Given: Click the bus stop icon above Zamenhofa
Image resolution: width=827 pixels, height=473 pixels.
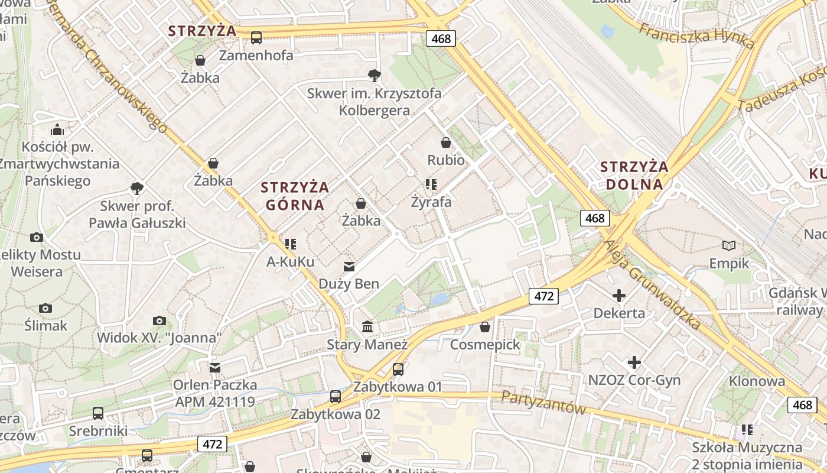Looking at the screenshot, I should (256, 38).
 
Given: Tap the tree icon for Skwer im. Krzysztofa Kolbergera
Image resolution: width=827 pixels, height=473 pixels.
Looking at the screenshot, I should (374, 75).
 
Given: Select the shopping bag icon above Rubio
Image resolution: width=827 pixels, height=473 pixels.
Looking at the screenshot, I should (446, 142).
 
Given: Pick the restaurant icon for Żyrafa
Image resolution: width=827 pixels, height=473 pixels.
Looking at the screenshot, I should (431, 184).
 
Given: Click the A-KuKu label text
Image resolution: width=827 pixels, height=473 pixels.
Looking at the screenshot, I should (290, 261).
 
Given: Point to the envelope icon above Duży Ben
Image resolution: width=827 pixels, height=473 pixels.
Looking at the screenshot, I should (349, 267).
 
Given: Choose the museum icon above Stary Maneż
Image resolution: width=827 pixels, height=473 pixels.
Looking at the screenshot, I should (367, 326).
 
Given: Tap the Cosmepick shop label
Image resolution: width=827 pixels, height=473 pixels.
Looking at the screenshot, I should (485, 344).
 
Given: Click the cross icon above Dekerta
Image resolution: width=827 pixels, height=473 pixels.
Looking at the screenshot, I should (619, 295).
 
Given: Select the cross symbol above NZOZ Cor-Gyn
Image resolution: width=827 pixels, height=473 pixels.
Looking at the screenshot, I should (634, 362).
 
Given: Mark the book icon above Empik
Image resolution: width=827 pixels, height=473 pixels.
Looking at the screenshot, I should (730, 245).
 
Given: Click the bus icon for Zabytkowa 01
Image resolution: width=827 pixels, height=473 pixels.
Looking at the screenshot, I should (398, 370).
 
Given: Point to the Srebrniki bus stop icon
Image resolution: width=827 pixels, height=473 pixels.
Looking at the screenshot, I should (98, 413).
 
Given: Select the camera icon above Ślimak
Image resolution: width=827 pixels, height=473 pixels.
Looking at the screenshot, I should (45, 308).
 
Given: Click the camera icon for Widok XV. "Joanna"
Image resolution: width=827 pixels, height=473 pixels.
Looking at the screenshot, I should (159, 320).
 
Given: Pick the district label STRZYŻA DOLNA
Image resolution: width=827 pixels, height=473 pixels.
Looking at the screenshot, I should (634, 175).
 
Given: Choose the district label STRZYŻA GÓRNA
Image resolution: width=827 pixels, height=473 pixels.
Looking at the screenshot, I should (295, 196).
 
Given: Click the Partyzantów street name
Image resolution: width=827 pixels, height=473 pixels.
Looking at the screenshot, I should (543, 403).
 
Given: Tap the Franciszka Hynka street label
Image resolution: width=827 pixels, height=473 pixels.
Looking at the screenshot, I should (697, 35).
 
